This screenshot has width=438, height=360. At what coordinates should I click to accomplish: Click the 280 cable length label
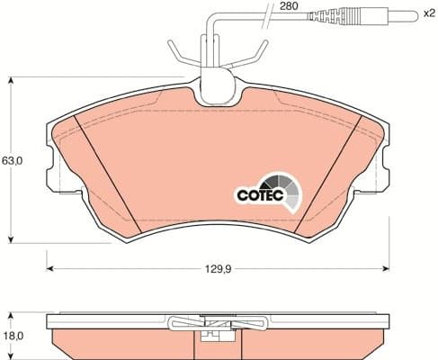(288, 6)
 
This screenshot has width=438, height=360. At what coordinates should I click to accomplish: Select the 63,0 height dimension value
(11, 160)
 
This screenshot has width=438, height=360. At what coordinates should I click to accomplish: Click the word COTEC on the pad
(259, 192)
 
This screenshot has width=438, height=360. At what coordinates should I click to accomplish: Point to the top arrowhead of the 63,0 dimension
(11, 80)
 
